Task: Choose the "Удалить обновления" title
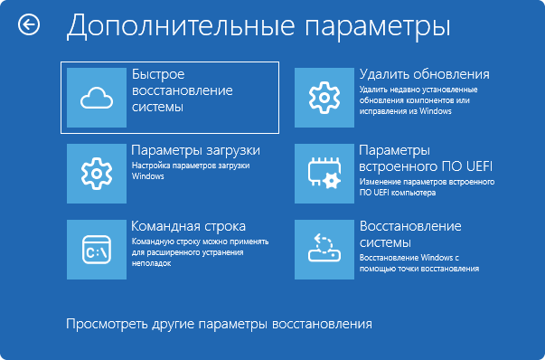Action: (424, 74)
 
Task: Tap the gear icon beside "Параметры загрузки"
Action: (95, 171)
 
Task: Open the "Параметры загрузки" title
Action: (195, 150)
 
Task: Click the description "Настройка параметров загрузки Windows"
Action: (190, 171)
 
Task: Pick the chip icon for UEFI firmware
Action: (323, 171)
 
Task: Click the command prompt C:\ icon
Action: (95, 246)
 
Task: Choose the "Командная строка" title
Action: (188, 225)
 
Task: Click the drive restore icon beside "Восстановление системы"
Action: (323, 246)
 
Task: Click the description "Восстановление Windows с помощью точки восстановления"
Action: (418, 262)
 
